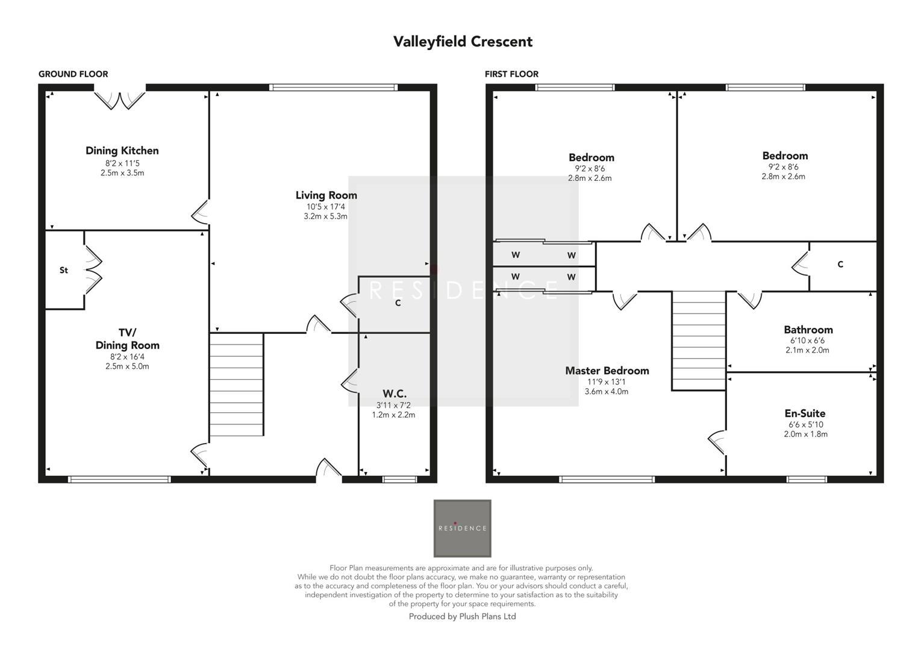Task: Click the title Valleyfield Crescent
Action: [x=463, y=42]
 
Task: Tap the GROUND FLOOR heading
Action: [x=73, y=74]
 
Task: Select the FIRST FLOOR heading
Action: [x=511, y=74]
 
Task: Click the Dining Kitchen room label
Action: [x=122, y=151]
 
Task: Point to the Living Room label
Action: [x=326, y=195]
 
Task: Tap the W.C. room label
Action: [x=394, y=394]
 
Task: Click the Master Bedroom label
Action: [x=607, y=371]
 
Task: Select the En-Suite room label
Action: [x=805, y=414]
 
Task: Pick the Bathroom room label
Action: [x=808, y=330]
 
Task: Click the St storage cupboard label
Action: [x=64, y=271]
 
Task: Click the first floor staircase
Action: [x=699, y=341]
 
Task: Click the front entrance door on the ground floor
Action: [x=329, y=471]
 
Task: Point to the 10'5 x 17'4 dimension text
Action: [x=326, y=207]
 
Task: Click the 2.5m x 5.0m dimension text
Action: [x=127, y=366]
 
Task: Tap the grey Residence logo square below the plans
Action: [x=462, y=528]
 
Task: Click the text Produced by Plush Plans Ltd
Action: [x=462, y=617]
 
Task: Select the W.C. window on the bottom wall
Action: [x=399, y=480]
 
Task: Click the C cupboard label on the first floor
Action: [x=840, y=265]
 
